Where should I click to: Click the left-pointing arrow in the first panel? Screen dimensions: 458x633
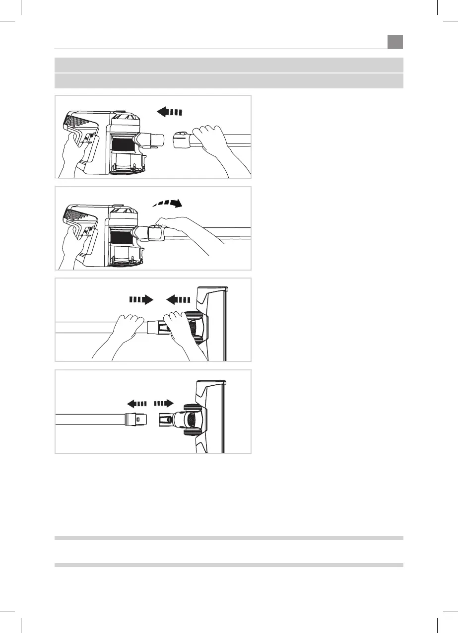(170, 112)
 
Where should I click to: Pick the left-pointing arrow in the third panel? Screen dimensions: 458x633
(178, 300)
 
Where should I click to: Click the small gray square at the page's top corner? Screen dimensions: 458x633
(395, 42)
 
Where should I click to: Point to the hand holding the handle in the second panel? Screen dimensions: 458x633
(73, 241)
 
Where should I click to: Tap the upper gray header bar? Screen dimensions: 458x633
(228, 65)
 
